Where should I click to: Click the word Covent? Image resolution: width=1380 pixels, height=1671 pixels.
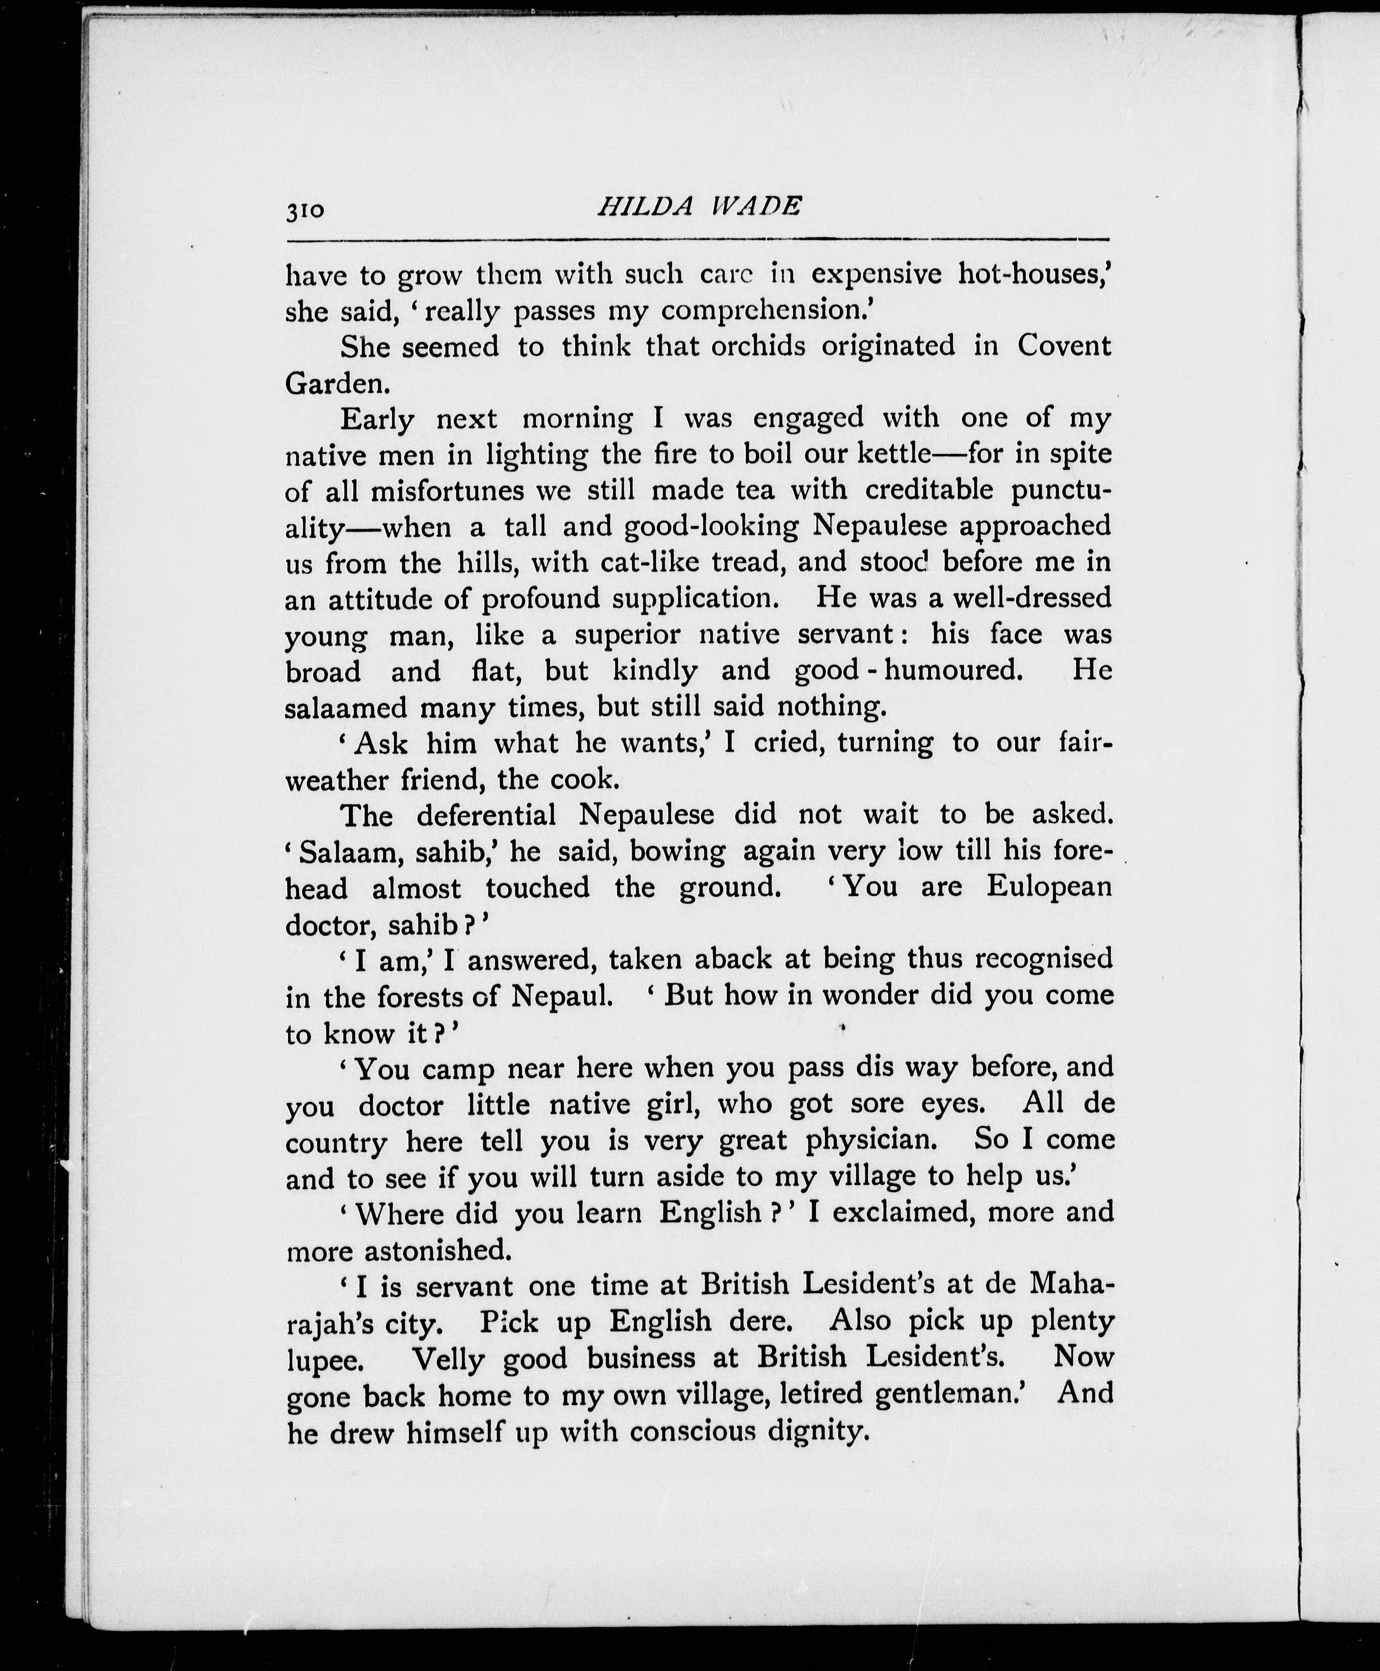1065,346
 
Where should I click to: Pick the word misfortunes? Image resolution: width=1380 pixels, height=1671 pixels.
448,490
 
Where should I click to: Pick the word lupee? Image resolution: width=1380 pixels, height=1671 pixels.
326,1360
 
